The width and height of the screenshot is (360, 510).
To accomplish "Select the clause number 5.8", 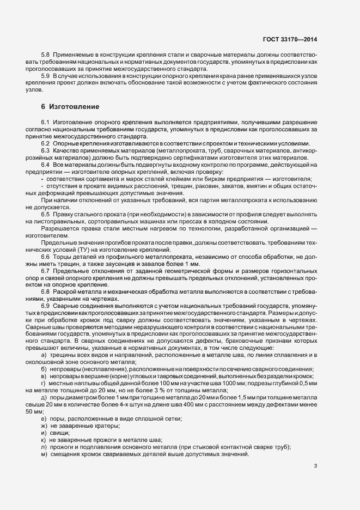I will (x=45, y=56).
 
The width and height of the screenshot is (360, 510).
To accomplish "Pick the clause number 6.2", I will (x=45, y=143).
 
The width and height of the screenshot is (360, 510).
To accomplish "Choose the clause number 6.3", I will (x=45, y=150).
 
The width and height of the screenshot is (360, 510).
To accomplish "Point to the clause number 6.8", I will (x=45, y=292).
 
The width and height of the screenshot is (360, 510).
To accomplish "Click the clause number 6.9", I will (x=45, y=306).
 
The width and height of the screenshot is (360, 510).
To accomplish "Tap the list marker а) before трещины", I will (x=43, y=355).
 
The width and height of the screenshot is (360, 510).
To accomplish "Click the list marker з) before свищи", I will (x=43, y=417).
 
